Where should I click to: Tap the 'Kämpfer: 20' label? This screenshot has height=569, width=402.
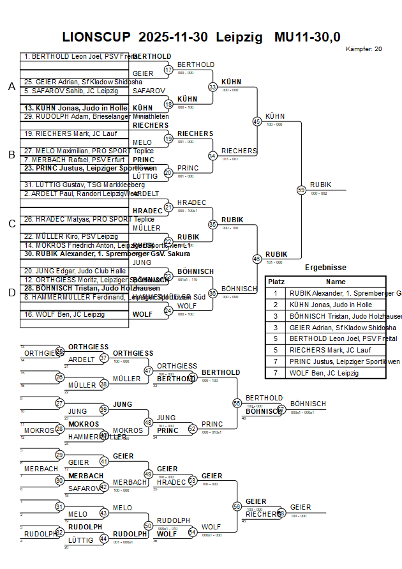coord(364,49)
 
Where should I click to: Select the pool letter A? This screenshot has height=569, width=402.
coord(11,87)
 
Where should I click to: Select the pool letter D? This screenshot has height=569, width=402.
coord(11,292)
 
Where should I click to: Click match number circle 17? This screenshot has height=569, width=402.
coord(168,70)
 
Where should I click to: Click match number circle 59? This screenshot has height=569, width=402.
coord(301,190)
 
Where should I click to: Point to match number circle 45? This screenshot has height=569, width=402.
coord(257,121)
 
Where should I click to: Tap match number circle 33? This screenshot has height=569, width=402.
coord(212,87)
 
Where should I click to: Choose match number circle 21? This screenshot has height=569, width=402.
coord(168,207)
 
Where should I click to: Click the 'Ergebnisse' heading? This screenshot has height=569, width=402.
coord(325,268)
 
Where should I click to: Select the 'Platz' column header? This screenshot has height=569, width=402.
coord(276,282)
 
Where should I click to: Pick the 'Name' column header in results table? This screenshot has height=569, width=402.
coord(336,282)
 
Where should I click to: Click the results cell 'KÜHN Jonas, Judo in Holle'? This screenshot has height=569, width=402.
coord(331,305)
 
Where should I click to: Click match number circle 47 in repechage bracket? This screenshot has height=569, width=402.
coord(149,370)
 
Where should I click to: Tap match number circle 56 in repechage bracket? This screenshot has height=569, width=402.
coord(237,506)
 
